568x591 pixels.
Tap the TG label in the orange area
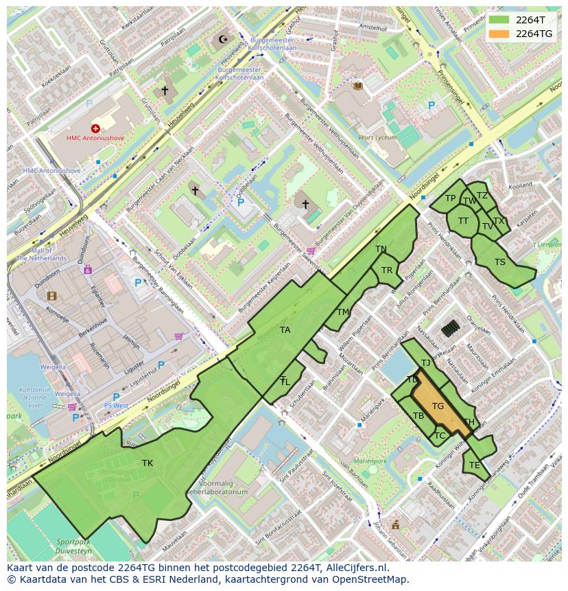click(438, 406)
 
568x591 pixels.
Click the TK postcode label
click(147, 463)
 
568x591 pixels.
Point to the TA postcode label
click(285, 330)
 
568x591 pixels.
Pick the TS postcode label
click(500, 262)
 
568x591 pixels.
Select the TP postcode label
click(450, 198)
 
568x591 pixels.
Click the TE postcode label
click(475, 465)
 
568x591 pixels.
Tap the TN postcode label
click(381, 249)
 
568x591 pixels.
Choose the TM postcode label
click(343, 312)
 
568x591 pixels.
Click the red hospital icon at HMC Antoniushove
click(95, 128)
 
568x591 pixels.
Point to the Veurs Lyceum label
click(377, 137)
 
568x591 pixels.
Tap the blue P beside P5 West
click(116, 397)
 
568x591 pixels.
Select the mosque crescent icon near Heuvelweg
click(222, 39)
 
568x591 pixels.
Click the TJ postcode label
click(426, 363)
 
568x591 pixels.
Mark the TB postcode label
click(418, 416)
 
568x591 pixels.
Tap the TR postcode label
click(387, 270)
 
